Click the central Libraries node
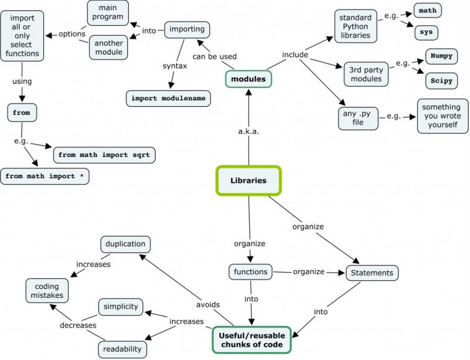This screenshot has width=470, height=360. click(x=249, y=180)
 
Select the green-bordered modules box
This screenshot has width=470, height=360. click(x=248, y=79)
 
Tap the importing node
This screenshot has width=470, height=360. click(x=187, y=29)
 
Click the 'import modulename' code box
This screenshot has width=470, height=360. click(x=169, y=98)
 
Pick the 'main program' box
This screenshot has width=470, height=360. click(x=108, y=12)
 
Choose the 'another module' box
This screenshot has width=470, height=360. click(x=108, y=47)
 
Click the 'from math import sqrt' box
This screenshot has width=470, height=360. click(x=103, y=155)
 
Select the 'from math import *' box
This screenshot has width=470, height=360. click(x=45, y=176)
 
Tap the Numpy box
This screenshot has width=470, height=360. click(x=441, y=57)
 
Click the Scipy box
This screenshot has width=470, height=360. click(x=441, y=81)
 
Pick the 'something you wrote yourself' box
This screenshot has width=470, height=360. click(x=441, y=116)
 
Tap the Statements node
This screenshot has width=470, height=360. click(x=372, y=272)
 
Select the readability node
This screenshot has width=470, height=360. click(x=122, y=348)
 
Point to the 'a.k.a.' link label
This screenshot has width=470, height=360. click(x=249, y=132)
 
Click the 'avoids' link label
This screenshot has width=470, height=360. click(x=208, y=304)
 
